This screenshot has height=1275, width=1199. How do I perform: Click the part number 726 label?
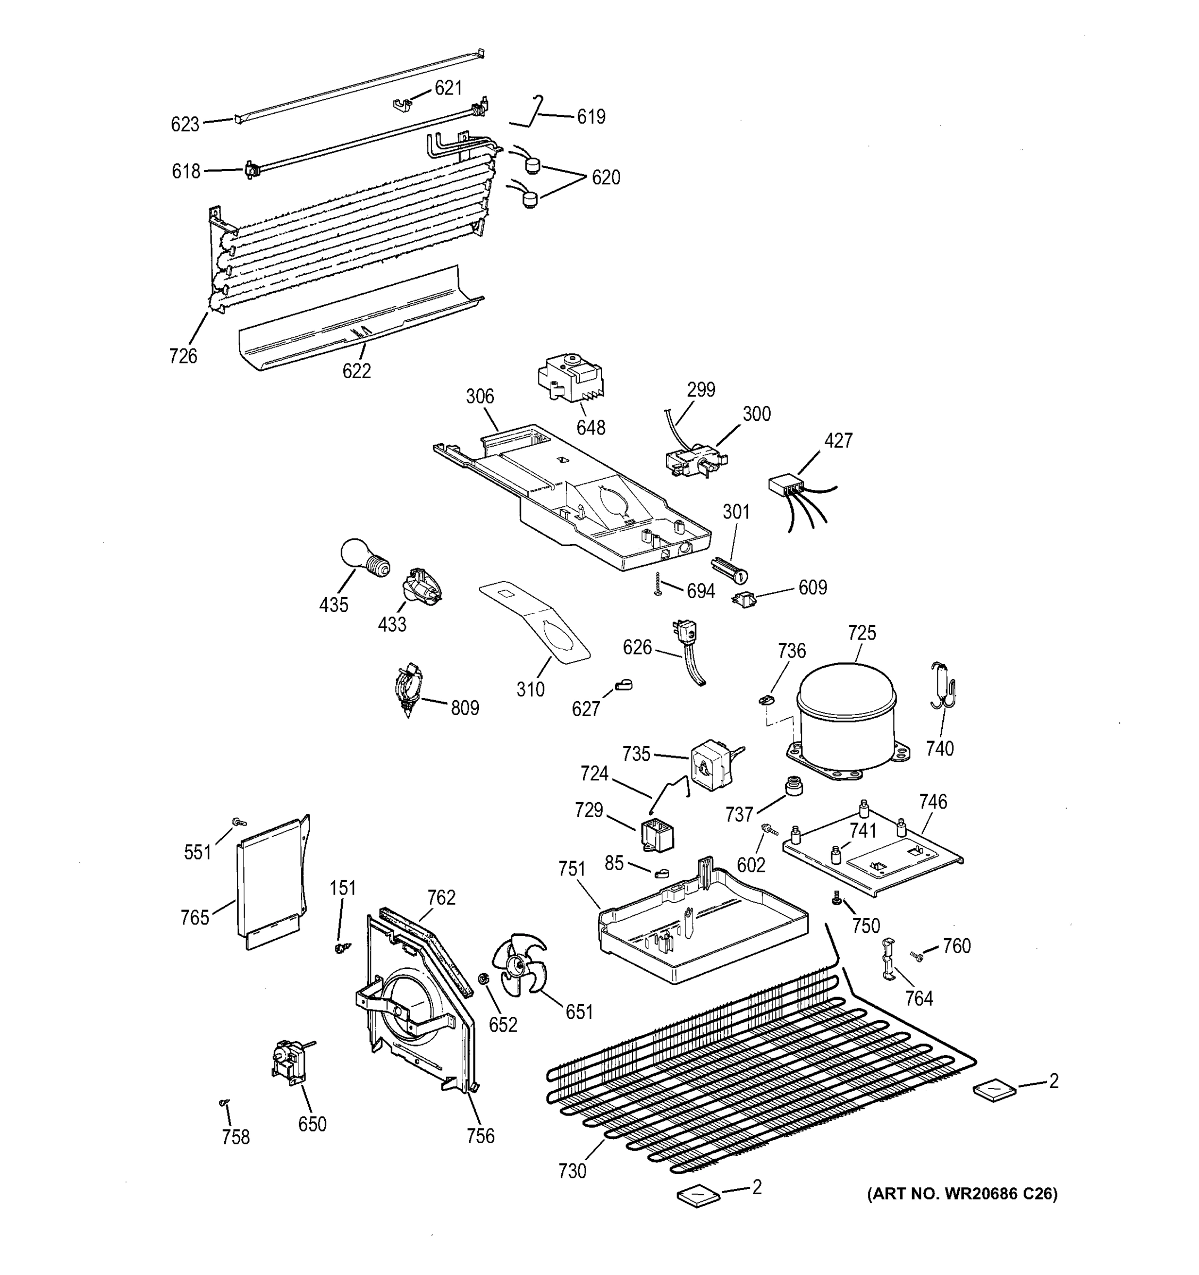tap(183, 356)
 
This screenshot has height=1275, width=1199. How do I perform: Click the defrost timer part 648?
tap(570, 383)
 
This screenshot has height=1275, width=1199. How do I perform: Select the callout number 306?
tap(480, 397)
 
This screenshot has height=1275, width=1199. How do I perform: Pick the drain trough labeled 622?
tap(359, 321)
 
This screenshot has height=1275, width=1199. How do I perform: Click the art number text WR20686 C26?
tap(962, 1194)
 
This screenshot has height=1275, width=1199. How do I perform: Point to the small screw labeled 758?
tap(224, 1102)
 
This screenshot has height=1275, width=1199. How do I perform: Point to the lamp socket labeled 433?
tap(421, 585)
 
